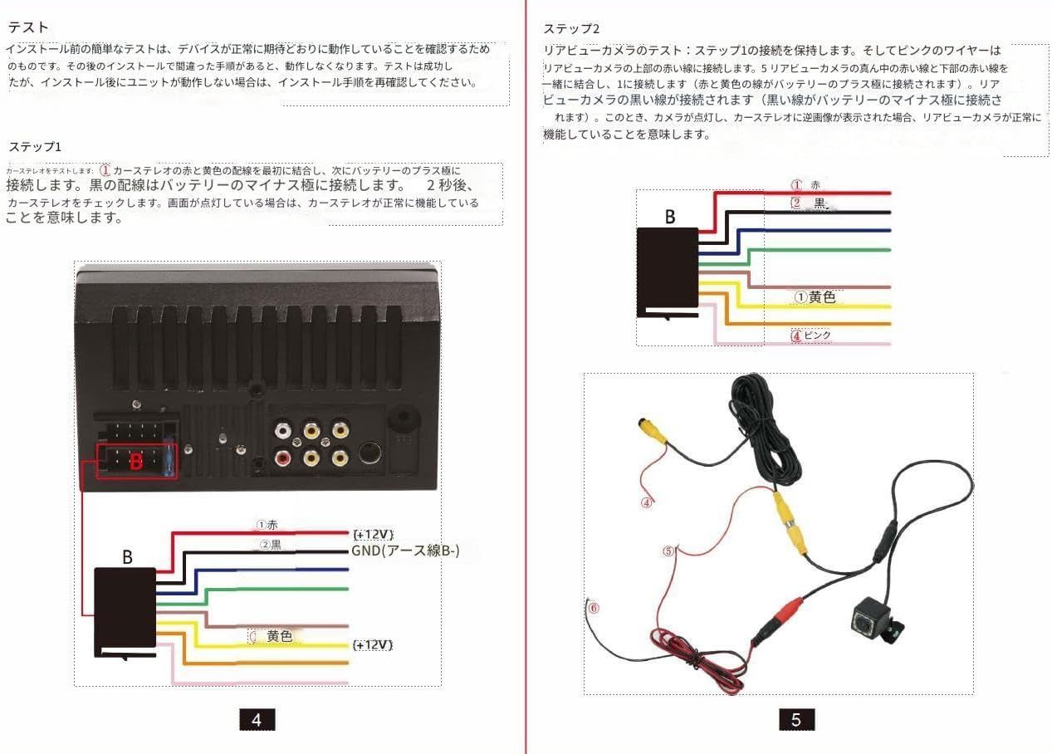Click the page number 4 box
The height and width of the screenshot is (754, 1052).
(257, 719)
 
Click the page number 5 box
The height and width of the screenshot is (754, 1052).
(796, 719)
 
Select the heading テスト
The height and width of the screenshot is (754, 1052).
(28, 28)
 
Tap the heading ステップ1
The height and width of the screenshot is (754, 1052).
(35, 147)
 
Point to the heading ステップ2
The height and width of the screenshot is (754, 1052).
(570, 29)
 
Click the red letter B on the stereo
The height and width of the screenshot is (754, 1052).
(135, 462)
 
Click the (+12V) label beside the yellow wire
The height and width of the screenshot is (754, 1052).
(373, 644)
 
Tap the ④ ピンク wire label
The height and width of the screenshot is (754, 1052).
(811, 335)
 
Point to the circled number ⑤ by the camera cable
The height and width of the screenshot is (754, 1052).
(669, 551)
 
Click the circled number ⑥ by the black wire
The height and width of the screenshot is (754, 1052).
(593, 607)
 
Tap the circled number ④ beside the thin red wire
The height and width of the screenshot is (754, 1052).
(646, 502)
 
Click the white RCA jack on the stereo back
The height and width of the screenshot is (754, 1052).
(283, 430)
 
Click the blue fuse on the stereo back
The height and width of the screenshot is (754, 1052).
(171, 459)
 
